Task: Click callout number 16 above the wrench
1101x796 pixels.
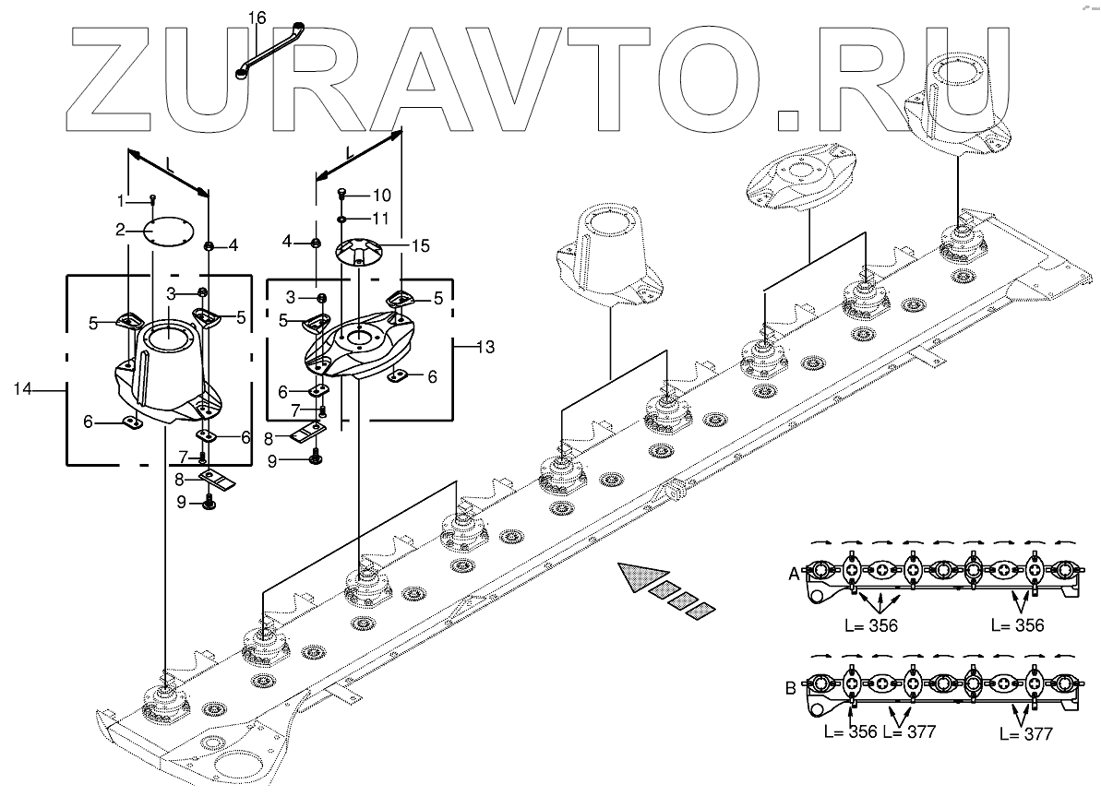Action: [257, 18]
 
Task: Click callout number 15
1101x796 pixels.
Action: [420, 247]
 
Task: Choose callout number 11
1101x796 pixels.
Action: [382, 219]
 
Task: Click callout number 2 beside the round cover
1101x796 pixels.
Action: [120, 230]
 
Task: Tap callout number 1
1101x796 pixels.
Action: [120, 200]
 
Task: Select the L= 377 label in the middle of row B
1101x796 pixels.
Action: [909, 732]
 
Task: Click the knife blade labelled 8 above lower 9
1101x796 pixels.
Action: [221, 480]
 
